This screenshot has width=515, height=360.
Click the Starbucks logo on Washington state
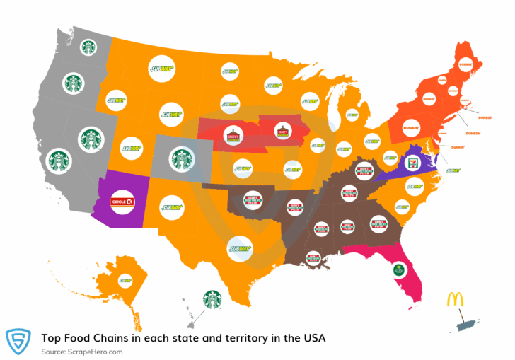pyautogui.click(x=88, y=47)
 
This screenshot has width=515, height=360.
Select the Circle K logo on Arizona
pyautogui.click(x=122, y=202)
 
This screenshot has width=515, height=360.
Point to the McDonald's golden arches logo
pyautogui.click(x=455, y=298)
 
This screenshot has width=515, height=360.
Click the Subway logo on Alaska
pyautogui.click(x=125, y=280)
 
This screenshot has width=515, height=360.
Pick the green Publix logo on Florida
pyautogui.click(x=398, y=269)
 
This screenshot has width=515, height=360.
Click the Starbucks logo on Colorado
pyautogui.click(x=182, y=158)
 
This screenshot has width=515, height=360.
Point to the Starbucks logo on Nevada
pyautogui.click(x=91, y=139)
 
